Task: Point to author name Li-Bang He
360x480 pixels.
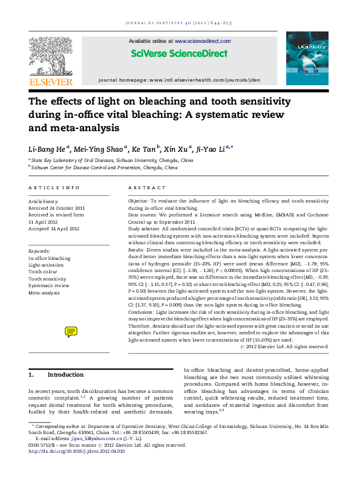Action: point(49,148)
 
